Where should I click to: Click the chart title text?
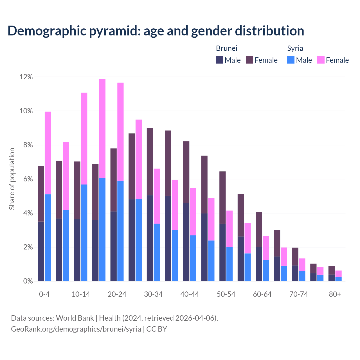tap(156, 31)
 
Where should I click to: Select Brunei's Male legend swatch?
tap(219, 60)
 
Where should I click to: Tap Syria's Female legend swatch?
tap(321, 60)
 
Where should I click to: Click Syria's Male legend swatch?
tap(291, 60)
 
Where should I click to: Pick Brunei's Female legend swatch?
tap(249, 60)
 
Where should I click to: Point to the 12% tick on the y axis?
tap(26, 77)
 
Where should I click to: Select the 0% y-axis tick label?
tap(27, 281)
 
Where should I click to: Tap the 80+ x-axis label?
tap(335, 294)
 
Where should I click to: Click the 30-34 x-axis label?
tap(153, 294)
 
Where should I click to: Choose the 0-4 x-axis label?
tap(44, 294)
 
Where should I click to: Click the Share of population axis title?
tap(12, 179)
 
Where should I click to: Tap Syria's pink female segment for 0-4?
tap(48, 153)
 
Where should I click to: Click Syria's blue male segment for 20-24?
tap(120, 231)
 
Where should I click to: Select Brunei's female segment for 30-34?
tap(150, 161)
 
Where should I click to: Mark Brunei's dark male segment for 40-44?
tap(186, 242)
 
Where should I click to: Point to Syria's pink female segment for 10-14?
tap(84, 138)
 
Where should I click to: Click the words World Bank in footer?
tap(75, 318)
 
